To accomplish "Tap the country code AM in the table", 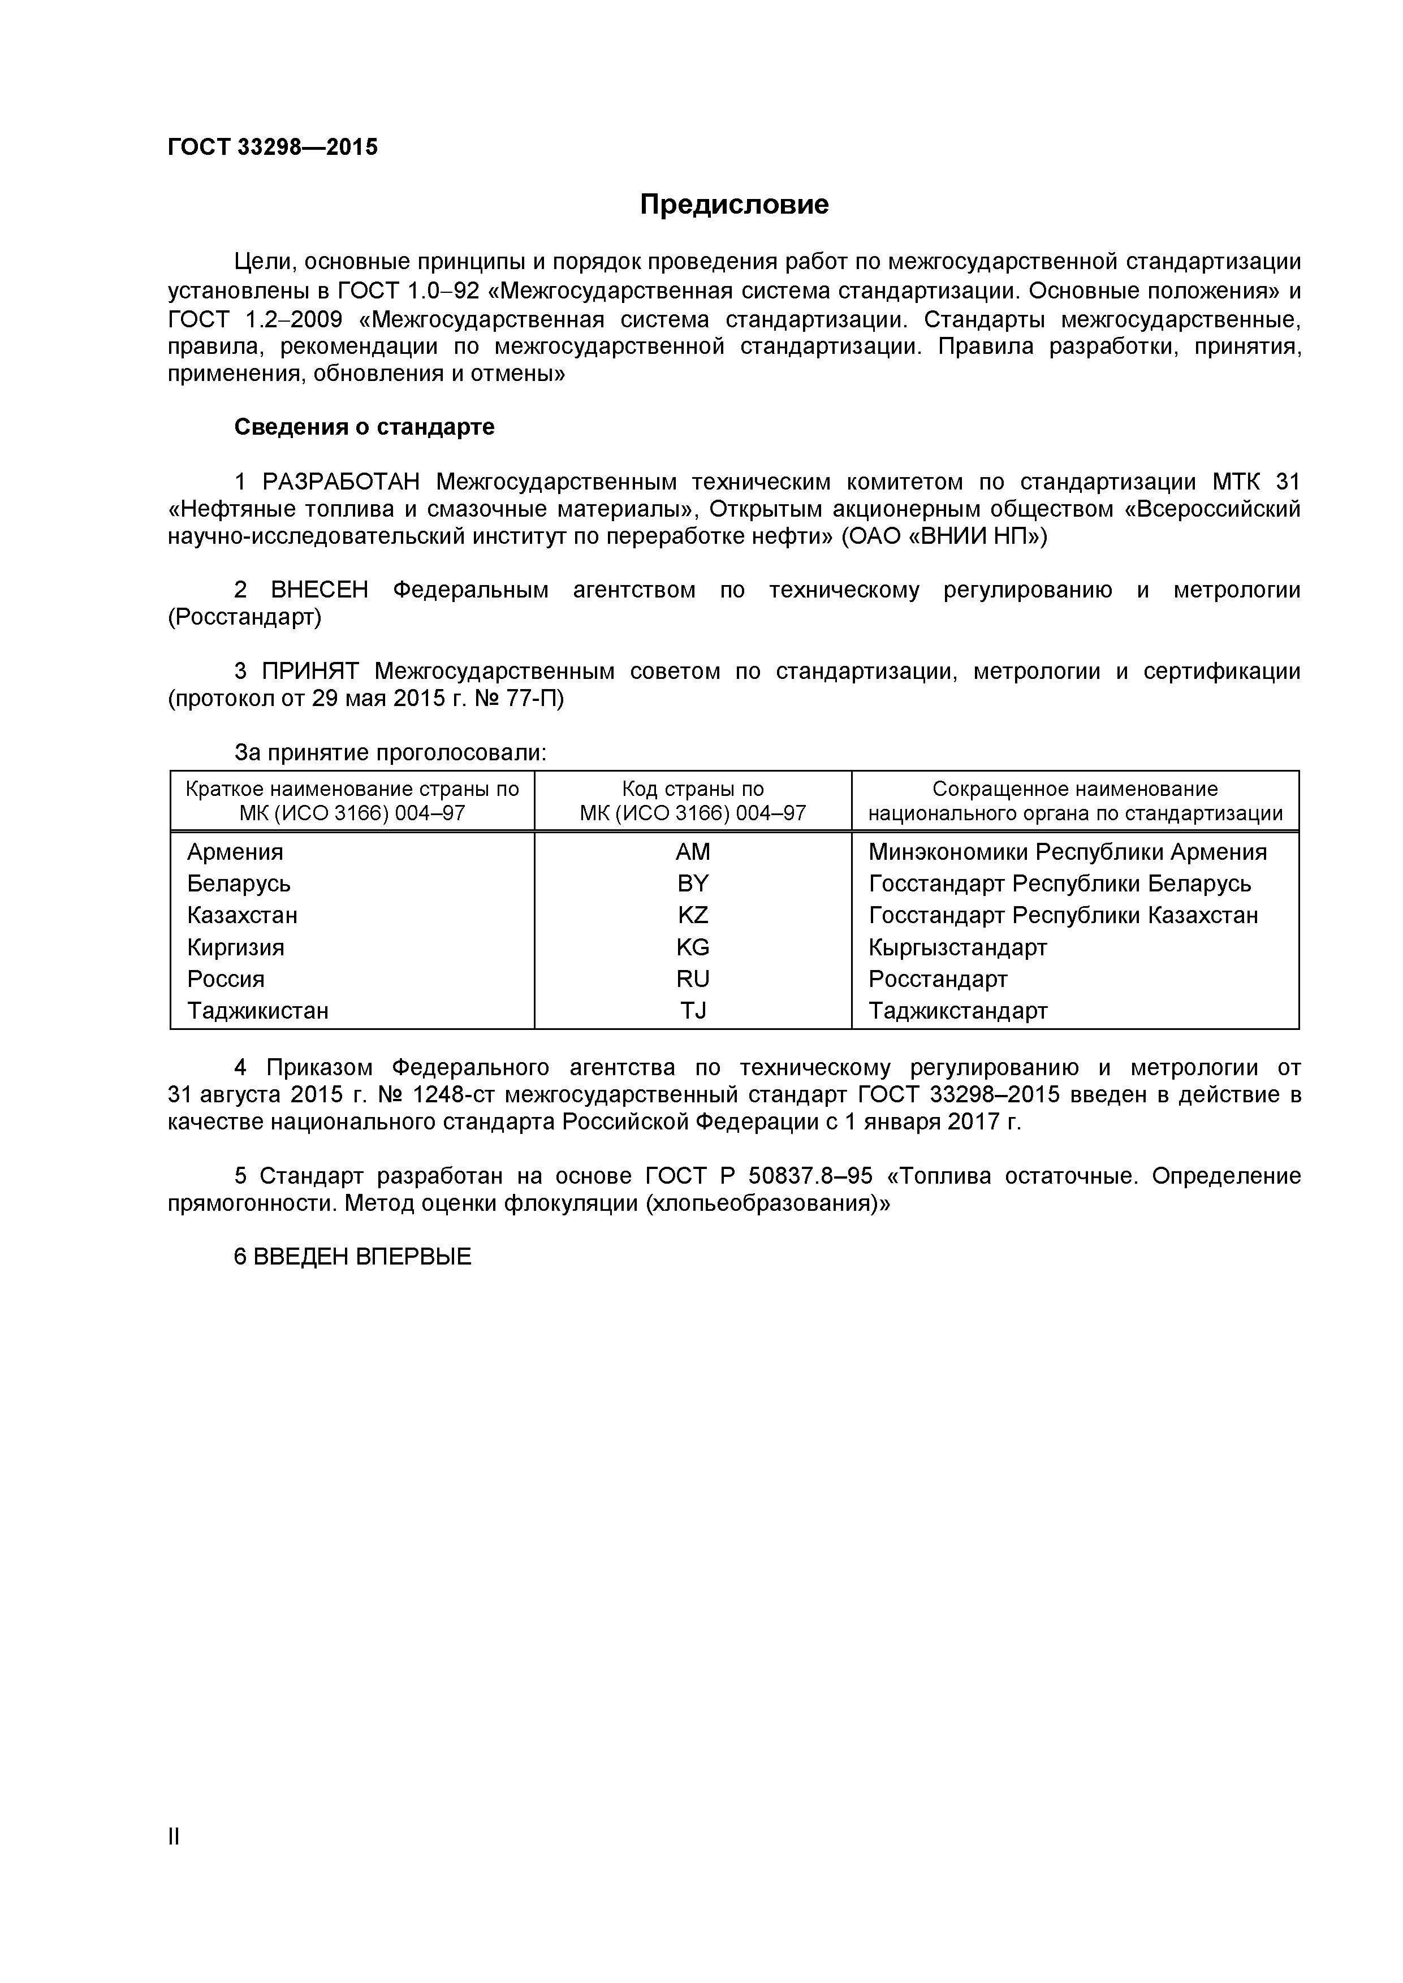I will coord(692,852).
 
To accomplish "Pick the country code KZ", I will coord(692,916).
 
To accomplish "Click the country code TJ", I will coord(692,1011).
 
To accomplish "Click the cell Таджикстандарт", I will coord(957,1011).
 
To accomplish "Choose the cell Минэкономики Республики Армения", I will coord(1067,852).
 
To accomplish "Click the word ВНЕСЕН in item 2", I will coord(319,591).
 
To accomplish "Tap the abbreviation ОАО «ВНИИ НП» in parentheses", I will coord(943,536).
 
